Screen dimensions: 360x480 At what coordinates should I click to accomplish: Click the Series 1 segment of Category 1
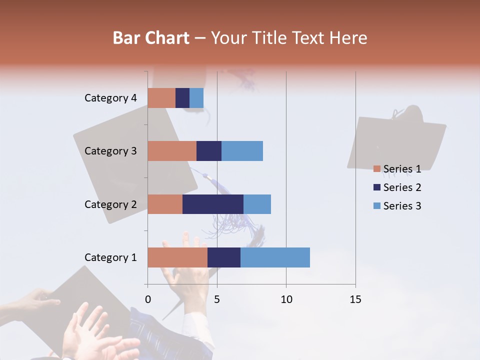tap(177, 257)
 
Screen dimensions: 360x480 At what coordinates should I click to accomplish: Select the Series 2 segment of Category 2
tap(213, 204)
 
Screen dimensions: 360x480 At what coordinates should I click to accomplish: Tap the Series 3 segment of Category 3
tap(242, 151)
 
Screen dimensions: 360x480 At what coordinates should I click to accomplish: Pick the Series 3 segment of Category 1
tap(275, 257)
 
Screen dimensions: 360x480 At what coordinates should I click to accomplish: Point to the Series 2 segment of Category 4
tap(182, 98)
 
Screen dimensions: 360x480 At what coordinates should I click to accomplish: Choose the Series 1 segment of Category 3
tap(172, 151)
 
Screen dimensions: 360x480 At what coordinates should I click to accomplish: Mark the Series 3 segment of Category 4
tap(196, 98)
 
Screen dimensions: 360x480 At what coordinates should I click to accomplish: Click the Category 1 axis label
tap(110, 257)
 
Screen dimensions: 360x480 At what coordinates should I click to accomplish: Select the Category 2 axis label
tap(110, 204)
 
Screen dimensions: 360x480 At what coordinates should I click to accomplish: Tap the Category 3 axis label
tap(110, 151)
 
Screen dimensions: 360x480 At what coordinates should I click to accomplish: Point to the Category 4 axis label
tap(110, 98)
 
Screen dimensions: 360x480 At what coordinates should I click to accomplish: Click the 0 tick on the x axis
tap(148, 299)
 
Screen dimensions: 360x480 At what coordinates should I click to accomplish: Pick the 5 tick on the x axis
tap(217, 299)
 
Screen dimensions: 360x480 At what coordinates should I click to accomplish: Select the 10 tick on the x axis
tap(286, 299)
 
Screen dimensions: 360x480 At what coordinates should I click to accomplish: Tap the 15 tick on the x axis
tap(355, 299)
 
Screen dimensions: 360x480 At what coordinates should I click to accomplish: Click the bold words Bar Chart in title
tap(151, 37)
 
